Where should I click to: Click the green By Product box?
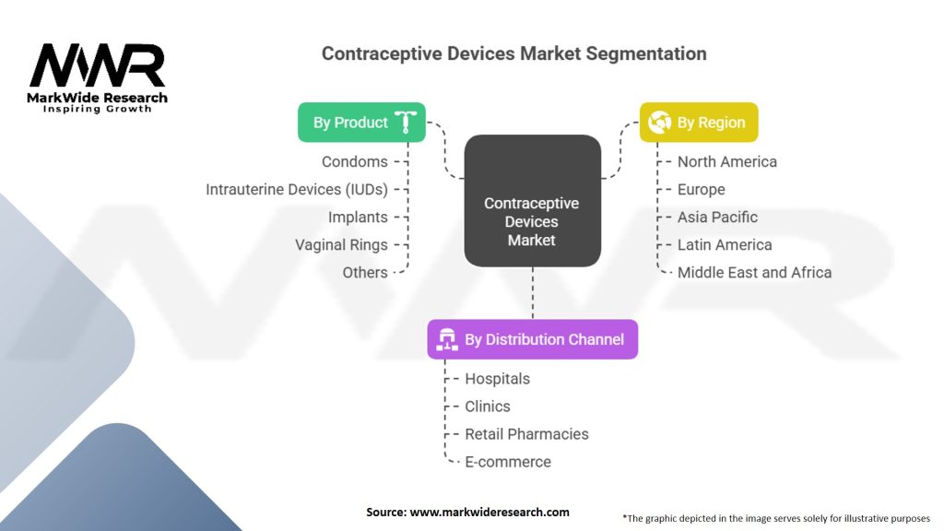pos(361,123)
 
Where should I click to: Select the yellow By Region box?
pos(699,123)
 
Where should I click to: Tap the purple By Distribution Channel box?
pos(532,339)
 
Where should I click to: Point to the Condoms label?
pos(354,161)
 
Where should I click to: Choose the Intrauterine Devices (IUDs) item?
pos(296,189)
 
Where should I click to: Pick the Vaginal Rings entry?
pos(341,244)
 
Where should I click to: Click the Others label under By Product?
pos(364,272)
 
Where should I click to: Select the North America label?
pos(726,161)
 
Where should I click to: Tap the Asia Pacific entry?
pos(717,217)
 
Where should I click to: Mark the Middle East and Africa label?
pos(754,272)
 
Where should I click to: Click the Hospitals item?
pos(497,378)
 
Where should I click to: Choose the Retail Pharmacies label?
pos(526,433)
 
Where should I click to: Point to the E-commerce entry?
pos(507,461)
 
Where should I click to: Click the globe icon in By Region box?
pos(659,123)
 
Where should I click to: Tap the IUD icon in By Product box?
pos(406,123)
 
